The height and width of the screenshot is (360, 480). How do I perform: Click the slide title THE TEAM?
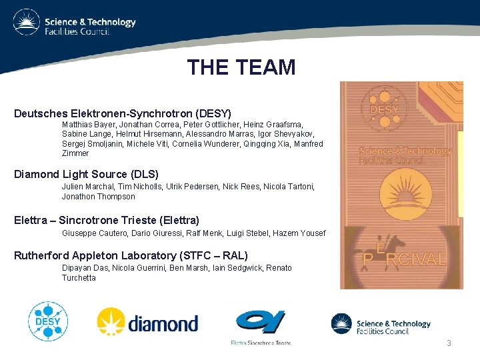tap(241, 67)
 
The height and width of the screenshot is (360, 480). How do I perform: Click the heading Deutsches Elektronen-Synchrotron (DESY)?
tap(123, 113)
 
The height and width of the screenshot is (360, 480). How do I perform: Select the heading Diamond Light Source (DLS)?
tap(87, 175)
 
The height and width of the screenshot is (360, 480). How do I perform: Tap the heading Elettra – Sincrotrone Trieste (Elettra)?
tap(107, 220)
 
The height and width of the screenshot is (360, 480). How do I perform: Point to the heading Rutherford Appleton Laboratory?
tap(131, 255)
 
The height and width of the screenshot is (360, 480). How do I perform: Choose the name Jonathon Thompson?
tap(98, 197)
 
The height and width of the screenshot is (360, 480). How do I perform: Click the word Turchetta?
tap(79, 278)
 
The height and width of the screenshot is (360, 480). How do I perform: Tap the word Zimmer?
tap(75, 153)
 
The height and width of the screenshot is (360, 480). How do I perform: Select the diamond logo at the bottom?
tap(147, 323)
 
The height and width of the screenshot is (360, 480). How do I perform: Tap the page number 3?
tap(449, 343)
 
